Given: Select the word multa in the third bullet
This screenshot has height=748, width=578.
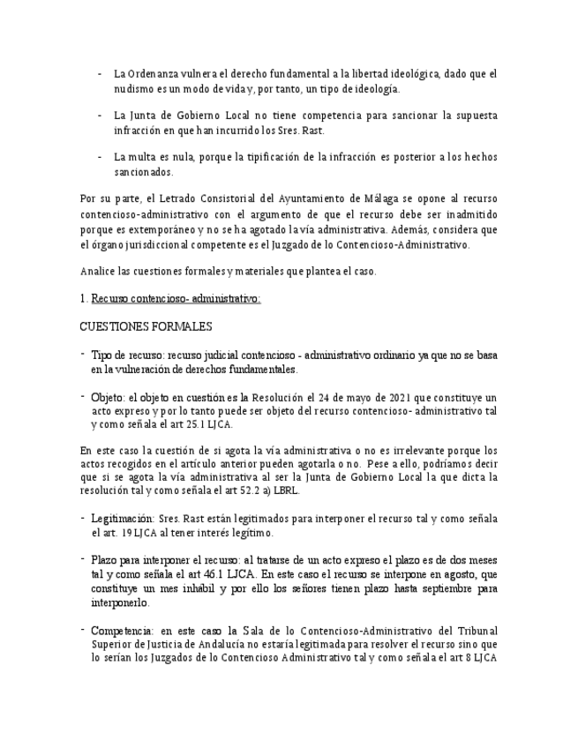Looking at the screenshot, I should click(147, 157).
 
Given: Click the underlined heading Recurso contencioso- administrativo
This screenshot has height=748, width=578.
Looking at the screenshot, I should click(176, 299).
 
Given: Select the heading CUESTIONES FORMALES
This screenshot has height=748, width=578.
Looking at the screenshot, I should click(146, 327).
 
